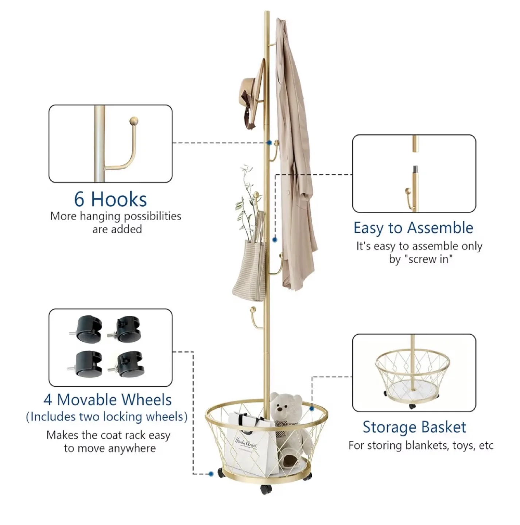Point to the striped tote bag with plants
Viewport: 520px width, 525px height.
coord(250,270)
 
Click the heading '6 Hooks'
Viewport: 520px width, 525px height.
coord(110,199)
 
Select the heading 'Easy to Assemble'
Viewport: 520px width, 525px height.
coord(413,228)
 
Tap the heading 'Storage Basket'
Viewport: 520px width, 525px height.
coord(414,427)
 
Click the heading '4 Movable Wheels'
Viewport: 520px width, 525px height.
coord(108,400)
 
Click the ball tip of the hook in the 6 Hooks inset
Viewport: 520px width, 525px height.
coord(135,121)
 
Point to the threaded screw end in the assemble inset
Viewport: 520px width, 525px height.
coord(415,170)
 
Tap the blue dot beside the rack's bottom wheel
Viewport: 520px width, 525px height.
coord(211,474)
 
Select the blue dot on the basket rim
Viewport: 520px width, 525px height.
coord(312,409)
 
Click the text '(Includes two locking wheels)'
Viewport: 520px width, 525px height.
coord(107,417)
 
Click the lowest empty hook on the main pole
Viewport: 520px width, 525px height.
coord(253,317)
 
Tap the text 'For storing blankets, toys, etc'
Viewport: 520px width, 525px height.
coord(421,446)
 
